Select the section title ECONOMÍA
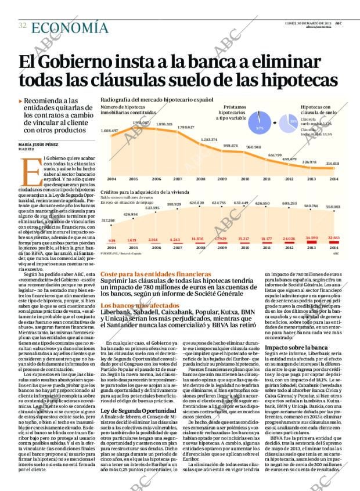point(69,27)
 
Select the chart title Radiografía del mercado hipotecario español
point(156,100)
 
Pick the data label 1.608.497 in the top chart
point(109,131)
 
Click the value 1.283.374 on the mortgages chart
point(208,140)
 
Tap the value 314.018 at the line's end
point(333,164)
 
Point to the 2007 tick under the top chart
point(178,179)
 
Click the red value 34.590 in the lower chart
point(311,238)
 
